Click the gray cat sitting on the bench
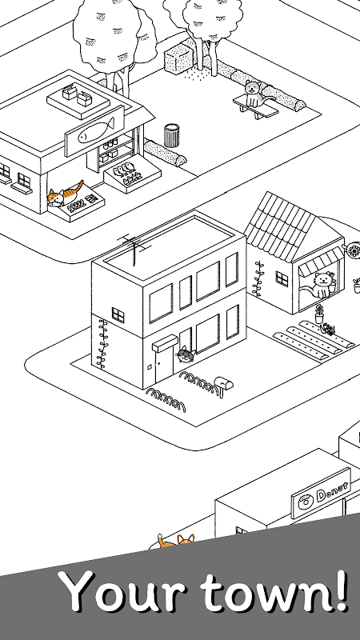254,94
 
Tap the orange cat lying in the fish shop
65,194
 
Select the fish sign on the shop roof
94,130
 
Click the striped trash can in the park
172,136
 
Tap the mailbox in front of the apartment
224,384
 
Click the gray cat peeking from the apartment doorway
186,354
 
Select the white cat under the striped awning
321,286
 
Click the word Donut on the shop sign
333,491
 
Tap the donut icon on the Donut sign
305,502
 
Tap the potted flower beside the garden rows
319,314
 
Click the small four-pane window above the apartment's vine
118,314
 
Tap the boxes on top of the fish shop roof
78,94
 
